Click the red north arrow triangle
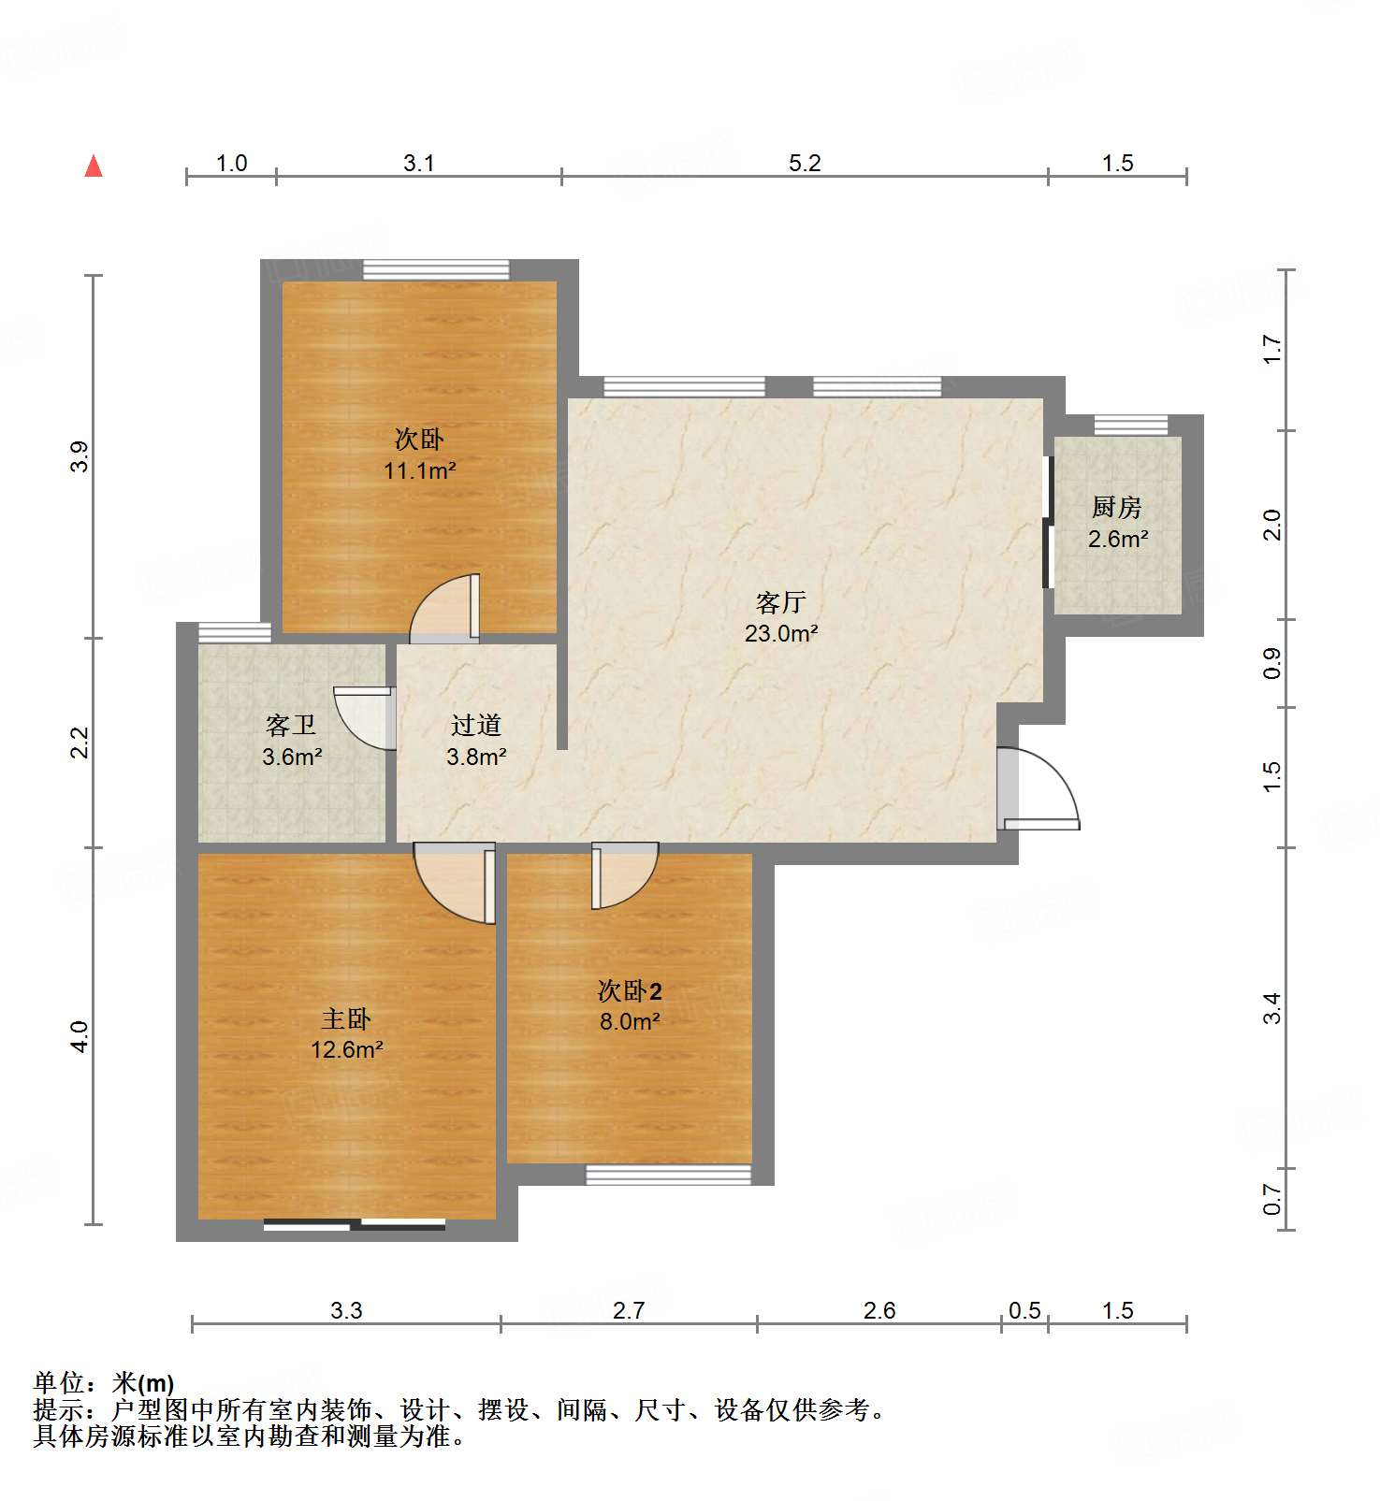point(94,166)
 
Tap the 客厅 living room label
point(780,601)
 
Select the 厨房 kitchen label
point(1117,508)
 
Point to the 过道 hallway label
point(476,725)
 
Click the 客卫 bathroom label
point(291,725)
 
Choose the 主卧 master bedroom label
point(346,1018)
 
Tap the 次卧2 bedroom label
point(630,990)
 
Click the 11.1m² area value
point(419,470)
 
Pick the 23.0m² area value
point(781,633)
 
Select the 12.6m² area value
point(347,1050)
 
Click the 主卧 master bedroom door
point(455,883)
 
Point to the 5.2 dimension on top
point(805,164)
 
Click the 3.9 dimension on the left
point(80,456)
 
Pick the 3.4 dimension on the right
point(1271,1008)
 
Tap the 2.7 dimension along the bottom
point(629,1311)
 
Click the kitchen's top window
point(1131,426)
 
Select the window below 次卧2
point(669,1175)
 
